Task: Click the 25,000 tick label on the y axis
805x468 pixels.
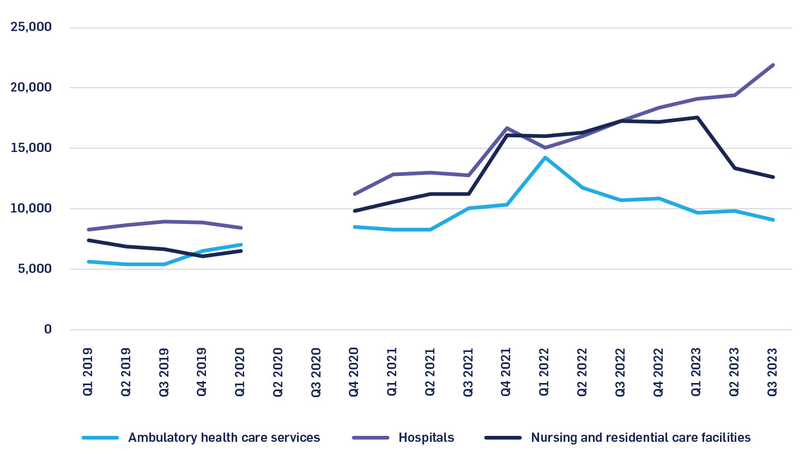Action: [31, 27]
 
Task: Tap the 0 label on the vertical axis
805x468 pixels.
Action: [48, 330]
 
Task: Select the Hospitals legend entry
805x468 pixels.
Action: [426, 437]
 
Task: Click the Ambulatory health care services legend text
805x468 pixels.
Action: [224, 437]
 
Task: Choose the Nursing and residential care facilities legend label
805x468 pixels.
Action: [640, 437]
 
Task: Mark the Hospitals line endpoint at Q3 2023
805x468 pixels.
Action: [773, 65]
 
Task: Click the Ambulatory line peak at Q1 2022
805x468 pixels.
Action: [544, 158]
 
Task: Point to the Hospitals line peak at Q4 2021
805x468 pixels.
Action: [507, 128]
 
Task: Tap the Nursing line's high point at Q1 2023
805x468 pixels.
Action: [697, 117]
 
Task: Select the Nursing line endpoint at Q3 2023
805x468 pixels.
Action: [773, 177]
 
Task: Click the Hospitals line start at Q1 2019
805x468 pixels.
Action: [88, 229]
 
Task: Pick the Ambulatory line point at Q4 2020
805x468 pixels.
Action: [355, 227]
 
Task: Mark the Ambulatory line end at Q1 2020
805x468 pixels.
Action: [240, 245]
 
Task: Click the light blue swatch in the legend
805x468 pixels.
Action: [100, 437]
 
